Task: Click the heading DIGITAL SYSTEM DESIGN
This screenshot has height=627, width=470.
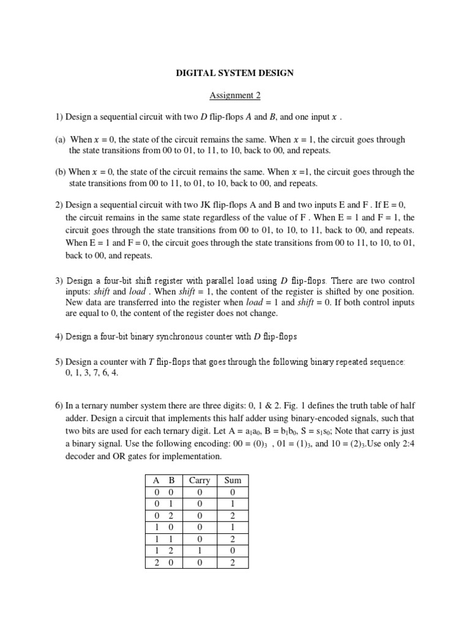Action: [x=235, y=73]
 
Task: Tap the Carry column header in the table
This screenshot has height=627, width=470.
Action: [x=199, y=481]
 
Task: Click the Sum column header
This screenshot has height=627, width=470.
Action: [x=233, y=481]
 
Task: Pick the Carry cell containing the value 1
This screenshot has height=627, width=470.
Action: [x=199, y=550]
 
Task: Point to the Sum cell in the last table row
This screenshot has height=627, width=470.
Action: [x=233, y=562]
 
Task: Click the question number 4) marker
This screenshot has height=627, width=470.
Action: [x=59, y=336]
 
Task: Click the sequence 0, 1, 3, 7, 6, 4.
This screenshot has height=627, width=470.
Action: [x=91, y=373]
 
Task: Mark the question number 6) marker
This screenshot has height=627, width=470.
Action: [x=59, y=405]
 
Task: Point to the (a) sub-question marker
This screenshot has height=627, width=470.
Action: [x=60, y=140]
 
